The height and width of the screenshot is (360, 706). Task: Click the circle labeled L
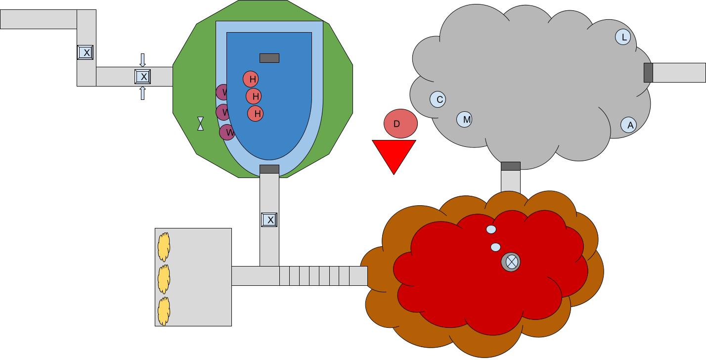pos(623,37)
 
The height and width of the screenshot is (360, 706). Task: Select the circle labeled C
pos(438,99)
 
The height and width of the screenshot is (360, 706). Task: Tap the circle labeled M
pos(464,119)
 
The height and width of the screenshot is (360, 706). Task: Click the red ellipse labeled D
pos(400,124)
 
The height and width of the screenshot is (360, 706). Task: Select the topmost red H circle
pos(251,79)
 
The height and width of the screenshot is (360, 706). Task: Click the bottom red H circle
pos(256,114)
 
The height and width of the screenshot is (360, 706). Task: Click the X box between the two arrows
pos(143,77)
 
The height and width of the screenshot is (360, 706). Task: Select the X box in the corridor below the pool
pos(269,220)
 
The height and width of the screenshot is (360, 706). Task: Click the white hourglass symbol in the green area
pos(200,123)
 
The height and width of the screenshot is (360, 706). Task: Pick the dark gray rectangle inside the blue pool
pos(269,58)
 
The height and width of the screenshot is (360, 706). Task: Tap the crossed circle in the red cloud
pos(511,262)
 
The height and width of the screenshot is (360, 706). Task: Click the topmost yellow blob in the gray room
pos(164,247)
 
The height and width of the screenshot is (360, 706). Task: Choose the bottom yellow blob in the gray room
pos(164,312)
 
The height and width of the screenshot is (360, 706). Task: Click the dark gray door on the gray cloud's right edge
pos(648,73)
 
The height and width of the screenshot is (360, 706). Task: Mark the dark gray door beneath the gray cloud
pos(511,166)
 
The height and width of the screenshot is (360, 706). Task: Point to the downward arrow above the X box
pos(143,60)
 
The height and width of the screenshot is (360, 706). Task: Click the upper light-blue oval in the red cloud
pos(491,229)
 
